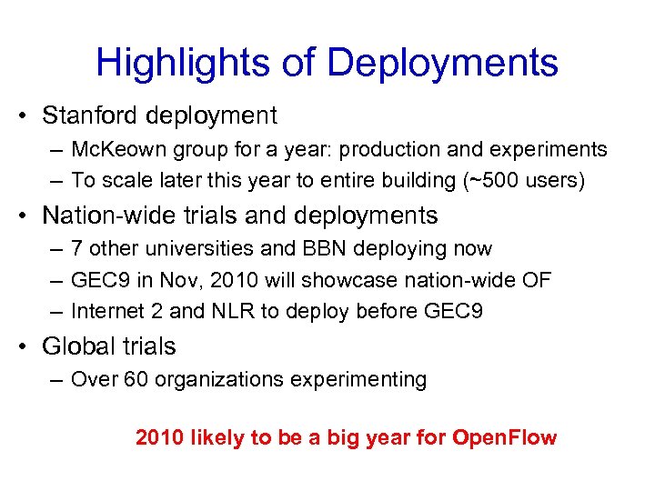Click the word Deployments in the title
tap(442, 63)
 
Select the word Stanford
tap(95, 115)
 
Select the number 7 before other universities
tap(76, 249)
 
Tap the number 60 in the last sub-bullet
tap(136, 379)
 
